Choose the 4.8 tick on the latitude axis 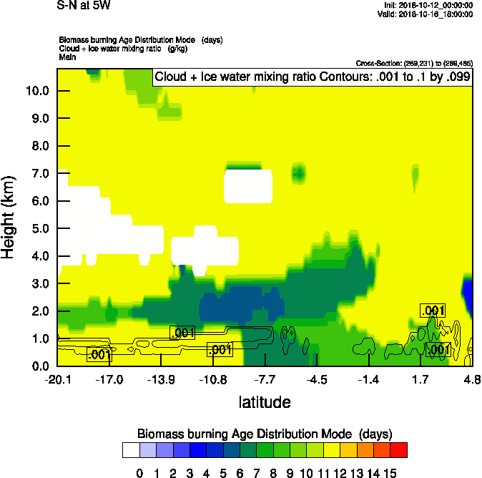pyautogui.click(x=472, y=379)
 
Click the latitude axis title pyautogui.click(x=265, y=402)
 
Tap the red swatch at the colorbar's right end pyautogui.click(x=399, y=450)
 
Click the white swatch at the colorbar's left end pyautogui.click(x=131, y=450)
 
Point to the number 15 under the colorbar pyautogui.click(x=390, y=472)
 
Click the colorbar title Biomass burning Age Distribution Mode pyautogui.click(x=265, y=434)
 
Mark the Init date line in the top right pyautogui.click(x=428, y=6)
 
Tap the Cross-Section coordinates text pyautogui.click(x=413, y=64)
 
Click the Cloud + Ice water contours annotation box pyautogui.click(x=313, y=77)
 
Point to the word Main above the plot pyautogui.click(x=67, y=57)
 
